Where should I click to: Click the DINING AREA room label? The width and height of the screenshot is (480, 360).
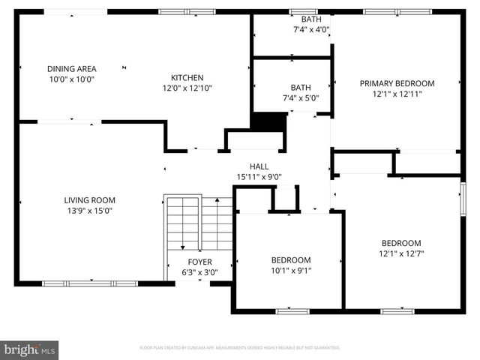(x=71, y=68)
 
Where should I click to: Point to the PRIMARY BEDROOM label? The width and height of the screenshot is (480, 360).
(x=397, y=83)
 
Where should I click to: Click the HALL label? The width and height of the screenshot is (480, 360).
(x=259, y=166)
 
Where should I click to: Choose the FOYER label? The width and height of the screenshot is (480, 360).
(x=199, y=262)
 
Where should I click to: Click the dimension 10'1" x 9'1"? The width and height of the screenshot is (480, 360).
(x=291, y=271)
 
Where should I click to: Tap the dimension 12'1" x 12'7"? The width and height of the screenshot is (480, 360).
(x=401, y=253)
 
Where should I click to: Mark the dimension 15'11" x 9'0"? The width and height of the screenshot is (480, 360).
(x=259, y=177)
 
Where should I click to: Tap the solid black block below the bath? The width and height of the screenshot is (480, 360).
(x=269, y=121)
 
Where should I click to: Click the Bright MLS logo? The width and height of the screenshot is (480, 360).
(x=30, y=349)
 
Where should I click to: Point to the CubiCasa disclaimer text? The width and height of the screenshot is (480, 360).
(x=240, y=348)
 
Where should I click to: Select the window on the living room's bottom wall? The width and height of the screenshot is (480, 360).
(x=90, y=283)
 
